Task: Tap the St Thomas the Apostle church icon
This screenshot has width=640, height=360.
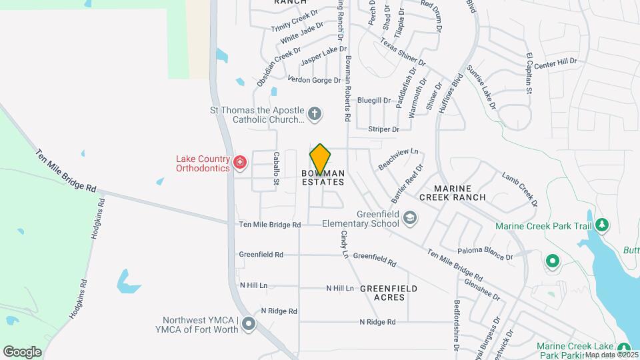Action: click(315, 113)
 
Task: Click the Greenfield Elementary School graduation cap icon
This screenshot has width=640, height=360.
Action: click(411, 217)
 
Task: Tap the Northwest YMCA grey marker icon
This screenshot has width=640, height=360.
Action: click(249, 325)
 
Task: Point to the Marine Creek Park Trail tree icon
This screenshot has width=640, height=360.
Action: click(602, 225)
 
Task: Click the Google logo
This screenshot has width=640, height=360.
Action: click(23, 351)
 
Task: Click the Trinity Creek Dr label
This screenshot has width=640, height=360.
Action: click(296, 22)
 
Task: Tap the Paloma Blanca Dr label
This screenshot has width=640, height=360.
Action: click(485, 253)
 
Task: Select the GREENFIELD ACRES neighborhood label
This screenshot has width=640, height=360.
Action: click(388, 293)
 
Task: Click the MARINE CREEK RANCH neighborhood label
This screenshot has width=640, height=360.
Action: click(453, 193)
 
